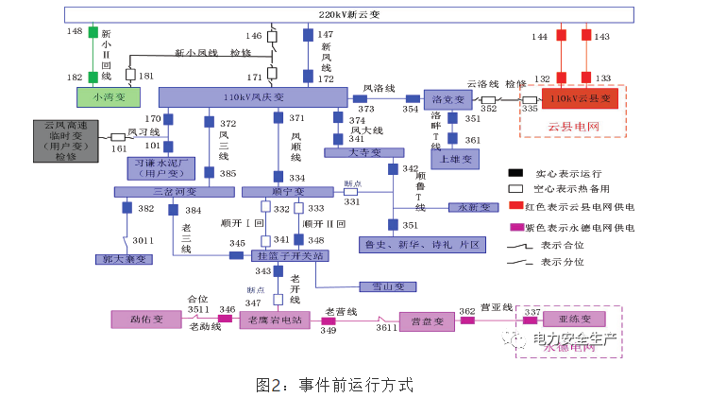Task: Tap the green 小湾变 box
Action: (107, 96)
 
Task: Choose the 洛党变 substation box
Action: (447, 98)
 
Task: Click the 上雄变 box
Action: (458, 160)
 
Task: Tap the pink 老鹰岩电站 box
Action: (274, 320)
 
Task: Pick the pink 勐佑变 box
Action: (146, 320)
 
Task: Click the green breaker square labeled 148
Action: (93, 32)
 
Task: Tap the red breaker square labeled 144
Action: (561, 36)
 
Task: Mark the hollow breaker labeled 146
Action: (273, 37)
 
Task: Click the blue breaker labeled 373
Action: (360, 97)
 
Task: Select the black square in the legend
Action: (515, 173)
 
